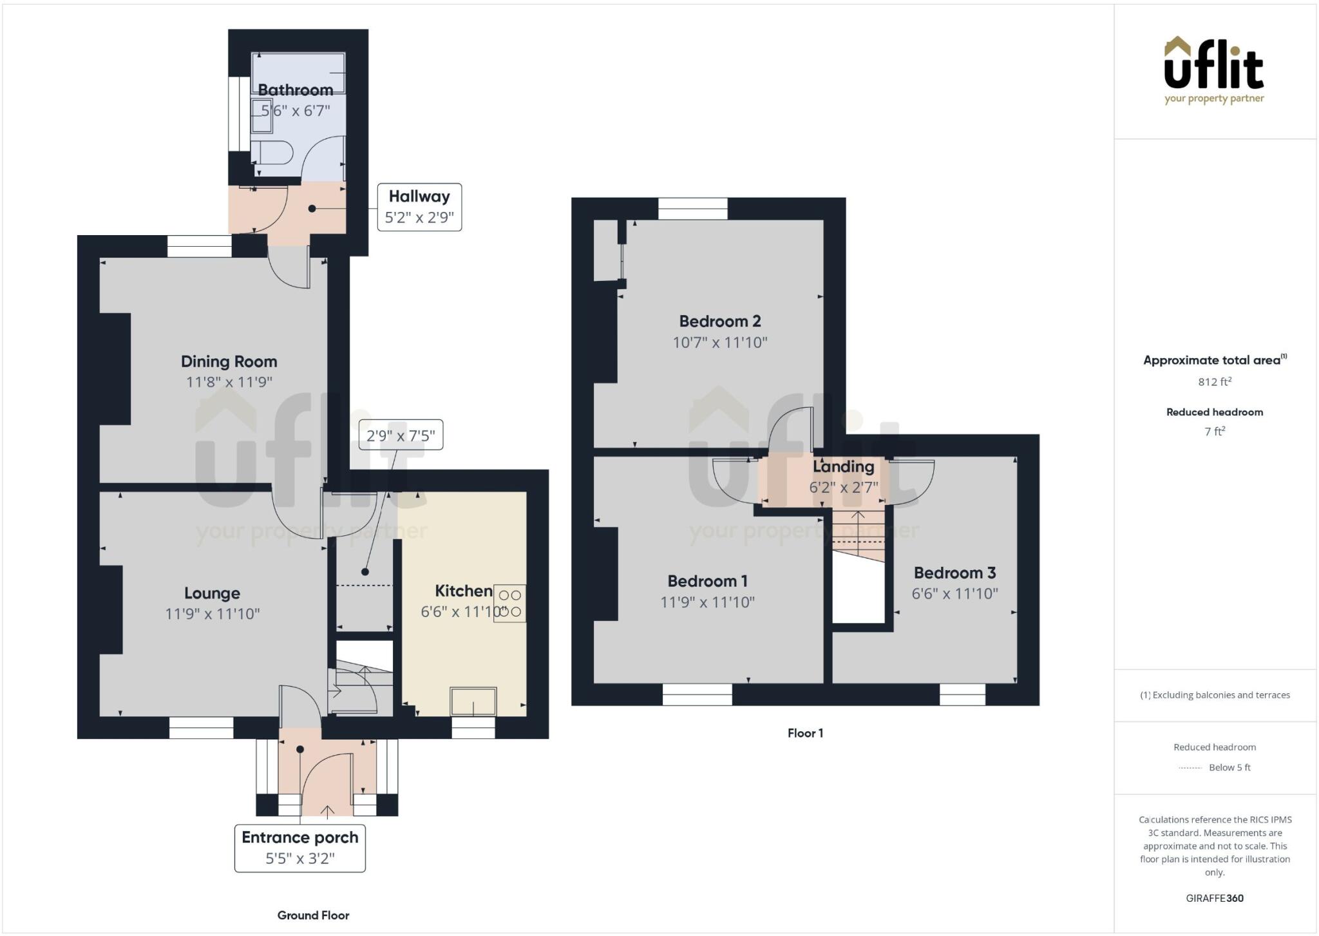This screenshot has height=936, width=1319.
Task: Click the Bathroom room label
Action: [296, 90]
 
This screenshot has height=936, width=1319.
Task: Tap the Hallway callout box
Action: [419, 207]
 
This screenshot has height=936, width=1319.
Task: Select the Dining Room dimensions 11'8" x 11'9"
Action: [229, 382]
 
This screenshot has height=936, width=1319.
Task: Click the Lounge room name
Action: [212, 593]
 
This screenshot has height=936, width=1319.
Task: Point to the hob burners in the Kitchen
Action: [509, 604]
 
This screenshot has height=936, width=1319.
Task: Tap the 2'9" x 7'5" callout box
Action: [401, 436]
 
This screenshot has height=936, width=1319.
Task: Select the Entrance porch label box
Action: [300, 848]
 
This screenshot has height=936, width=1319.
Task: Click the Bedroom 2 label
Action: [720, 321]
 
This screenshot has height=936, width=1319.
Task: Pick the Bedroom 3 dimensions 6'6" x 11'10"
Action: [954, 593]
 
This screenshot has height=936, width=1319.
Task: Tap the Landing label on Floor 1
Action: [843, 466]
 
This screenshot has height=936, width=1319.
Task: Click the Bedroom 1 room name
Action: [707, 581]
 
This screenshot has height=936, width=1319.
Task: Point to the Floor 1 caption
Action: [805, 733]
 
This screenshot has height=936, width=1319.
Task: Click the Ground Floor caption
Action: [313, 915]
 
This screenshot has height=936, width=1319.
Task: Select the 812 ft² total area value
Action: [1215, 381]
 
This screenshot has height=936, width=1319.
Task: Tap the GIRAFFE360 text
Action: [1215, 898]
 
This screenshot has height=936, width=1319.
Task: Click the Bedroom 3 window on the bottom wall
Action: [962, 694]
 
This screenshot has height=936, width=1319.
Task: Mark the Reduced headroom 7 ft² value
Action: [1215, 432]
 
